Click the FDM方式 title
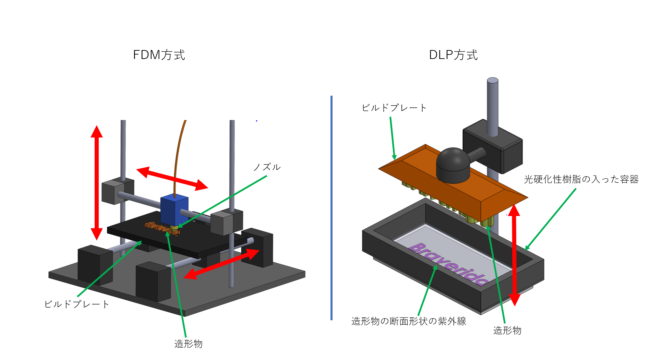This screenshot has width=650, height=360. click(x=159, y=55)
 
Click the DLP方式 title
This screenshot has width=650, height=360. click(x=453, y=55)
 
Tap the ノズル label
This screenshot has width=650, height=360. click(x=267, y=167)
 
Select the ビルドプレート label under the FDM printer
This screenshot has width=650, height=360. click(x=77, y=304)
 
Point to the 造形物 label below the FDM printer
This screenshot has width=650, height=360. click(x=188, y=344)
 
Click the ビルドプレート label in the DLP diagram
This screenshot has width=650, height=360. click(x=394, y=108)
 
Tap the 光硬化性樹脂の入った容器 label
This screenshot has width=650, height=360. click(x=581, y=179)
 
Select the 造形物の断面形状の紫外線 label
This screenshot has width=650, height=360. click(x=409, y=321)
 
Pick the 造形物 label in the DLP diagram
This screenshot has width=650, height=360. click(x=507, y=331)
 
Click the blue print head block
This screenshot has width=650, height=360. click(x=174, y=209)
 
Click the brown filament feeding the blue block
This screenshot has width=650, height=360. click(x=178, y=154)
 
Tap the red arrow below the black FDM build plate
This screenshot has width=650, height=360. click(x=221, y=264)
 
